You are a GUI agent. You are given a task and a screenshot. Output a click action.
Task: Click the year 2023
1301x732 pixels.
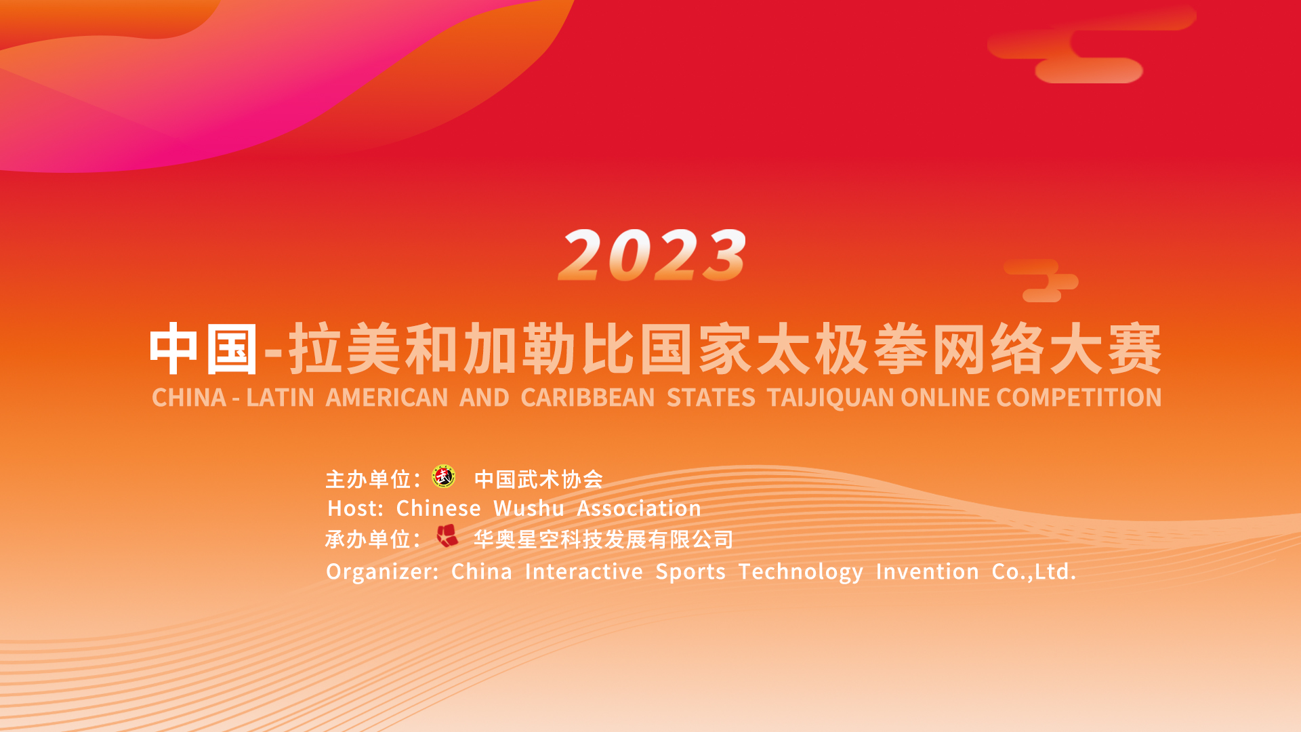652,255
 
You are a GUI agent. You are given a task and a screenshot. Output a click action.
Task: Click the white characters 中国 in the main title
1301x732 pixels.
203,349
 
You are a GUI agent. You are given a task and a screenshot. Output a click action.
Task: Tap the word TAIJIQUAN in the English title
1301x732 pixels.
830,398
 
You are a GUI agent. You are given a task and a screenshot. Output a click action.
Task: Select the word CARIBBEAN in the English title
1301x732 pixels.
587,397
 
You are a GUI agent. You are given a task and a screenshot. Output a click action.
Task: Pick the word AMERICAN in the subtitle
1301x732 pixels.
387,397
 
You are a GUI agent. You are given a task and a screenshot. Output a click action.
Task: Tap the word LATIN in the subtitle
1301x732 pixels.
280,397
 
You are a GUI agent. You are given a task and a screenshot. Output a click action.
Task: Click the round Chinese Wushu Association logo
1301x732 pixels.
444,476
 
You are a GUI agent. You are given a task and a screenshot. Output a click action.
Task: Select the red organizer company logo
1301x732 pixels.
447,535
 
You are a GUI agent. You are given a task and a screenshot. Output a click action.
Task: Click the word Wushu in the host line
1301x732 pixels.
529,508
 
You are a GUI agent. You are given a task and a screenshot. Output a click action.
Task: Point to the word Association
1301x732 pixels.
639,508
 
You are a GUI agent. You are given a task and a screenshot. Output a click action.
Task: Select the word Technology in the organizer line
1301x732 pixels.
801,572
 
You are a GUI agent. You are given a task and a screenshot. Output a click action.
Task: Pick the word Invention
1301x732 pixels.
927,571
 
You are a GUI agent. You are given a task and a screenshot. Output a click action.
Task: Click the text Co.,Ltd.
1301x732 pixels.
1034,572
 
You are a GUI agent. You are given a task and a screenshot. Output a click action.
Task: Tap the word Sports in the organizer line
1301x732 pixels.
690,572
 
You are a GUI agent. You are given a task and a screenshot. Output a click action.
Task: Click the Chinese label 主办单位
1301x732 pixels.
369,479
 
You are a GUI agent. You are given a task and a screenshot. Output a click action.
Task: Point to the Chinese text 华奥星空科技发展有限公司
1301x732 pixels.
603,540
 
